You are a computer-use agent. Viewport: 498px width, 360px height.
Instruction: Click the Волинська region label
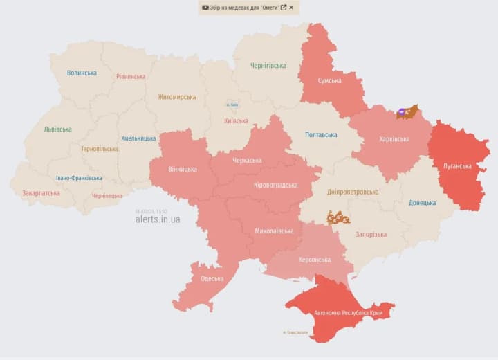coord(82,73)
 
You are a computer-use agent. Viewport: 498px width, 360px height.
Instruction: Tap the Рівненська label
coord(131,77)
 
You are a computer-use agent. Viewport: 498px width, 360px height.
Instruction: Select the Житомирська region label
coord(176,97)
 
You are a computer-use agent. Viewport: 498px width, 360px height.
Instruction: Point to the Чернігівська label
coord(268,66)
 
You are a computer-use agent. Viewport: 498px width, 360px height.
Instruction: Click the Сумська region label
coord(329,81)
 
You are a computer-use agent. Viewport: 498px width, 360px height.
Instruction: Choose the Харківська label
coord(394,139)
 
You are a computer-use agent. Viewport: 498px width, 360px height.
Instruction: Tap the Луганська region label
coord(457,166)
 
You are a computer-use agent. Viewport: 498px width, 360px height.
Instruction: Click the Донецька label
coord(422,203)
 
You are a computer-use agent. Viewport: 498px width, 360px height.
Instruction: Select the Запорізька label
coord(371,235)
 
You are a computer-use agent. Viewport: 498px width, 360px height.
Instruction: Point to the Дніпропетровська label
coord(353,192)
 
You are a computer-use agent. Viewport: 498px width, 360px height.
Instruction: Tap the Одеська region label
coord(212,278)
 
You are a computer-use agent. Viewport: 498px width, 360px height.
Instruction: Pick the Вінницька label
coord(183,169)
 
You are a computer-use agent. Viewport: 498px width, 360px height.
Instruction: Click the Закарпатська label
coord(41,194)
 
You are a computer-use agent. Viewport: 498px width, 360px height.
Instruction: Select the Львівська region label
coord(57,129)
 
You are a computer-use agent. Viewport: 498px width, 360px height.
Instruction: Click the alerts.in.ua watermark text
coord(158,219)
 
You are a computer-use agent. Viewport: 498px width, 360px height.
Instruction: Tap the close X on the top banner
coord(291,8)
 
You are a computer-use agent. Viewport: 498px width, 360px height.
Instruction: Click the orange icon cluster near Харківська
coord(407,112)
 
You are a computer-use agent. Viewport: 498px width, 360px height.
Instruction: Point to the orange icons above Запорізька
coord(338,217)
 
